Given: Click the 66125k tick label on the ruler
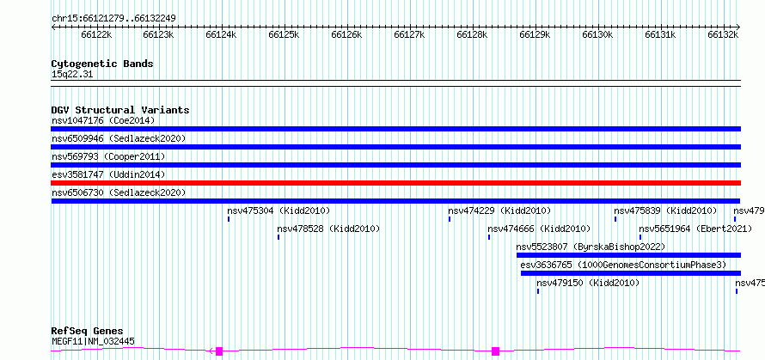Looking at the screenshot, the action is pos(284,34).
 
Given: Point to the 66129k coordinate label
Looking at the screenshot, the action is pos(535,34).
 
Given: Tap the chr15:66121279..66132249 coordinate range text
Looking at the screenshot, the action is pos(113,19).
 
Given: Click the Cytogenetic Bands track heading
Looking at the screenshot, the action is pos(102,64).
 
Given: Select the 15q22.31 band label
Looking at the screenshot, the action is pos(72,75).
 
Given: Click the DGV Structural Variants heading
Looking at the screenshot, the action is pos(120,110).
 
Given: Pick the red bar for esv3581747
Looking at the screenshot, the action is pos(395,183).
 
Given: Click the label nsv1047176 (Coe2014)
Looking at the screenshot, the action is pos(103,120).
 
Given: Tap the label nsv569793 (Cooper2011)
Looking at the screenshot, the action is pos(108,156).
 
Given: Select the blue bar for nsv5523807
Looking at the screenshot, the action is pos(628,255).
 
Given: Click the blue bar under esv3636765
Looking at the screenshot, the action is pos(631,273).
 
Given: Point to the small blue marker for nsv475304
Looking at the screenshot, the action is pos(229,219).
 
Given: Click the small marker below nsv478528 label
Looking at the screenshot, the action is pos(278,237).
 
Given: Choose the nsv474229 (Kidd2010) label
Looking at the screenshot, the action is pos(499,211).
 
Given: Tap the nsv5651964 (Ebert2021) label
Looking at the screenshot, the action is pos(695,229).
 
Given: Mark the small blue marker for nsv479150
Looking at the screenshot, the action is pos(537,291).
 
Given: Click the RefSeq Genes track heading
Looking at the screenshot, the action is pos(88,332).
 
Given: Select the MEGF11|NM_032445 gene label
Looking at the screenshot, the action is pos(93,341).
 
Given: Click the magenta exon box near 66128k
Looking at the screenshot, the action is pos(495,351).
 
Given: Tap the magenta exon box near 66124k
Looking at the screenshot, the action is pos(219,351).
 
